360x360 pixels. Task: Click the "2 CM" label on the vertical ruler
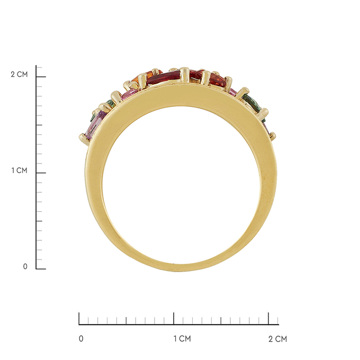point(19,75)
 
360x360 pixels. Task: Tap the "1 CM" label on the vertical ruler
point(20,170)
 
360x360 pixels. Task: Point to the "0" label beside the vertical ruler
point(25,266)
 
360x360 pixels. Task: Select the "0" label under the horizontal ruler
point(81,339)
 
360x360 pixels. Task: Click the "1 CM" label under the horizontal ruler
point(182,339)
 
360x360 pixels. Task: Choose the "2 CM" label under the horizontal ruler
point(278,339)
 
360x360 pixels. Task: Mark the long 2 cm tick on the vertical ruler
point(41,77)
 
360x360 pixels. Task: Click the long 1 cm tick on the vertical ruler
point(41,173)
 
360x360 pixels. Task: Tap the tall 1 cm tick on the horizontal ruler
point(174,318)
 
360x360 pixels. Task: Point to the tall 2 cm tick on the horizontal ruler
point(268,318)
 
